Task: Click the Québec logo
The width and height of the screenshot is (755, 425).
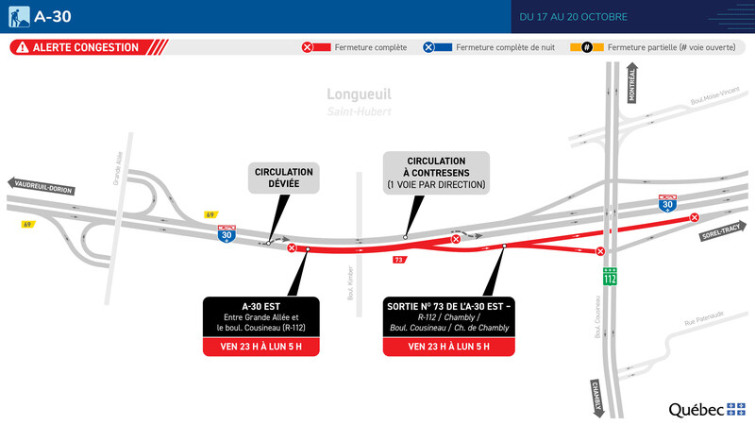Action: click(707, 409)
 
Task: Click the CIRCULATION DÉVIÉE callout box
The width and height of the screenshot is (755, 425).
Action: click(284, 178)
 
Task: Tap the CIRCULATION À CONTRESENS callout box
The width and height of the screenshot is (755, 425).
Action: click(435, 173)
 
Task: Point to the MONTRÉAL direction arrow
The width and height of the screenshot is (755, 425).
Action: click(632, 86)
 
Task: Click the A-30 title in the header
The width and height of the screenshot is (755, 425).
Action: click(54, 17)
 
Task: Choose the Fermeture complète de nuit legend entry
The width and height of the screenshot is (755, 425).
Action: click(483, 47)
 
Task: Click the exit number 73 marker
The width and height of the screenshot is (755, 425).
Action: click(399, 260)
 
